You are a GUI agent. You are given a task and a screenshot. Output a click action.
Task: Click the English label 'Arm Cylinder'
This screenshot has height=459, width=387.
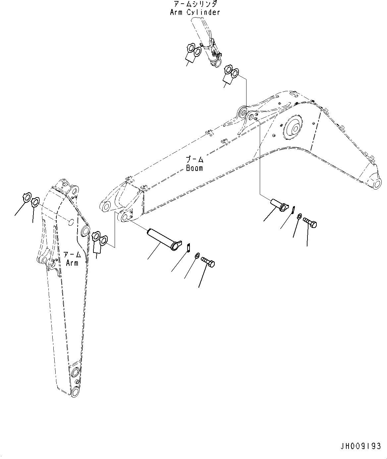coord(195,12)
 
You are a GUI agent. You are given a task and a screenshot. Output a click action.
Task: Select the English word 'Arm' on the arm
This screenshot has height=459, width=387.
coord(72,263)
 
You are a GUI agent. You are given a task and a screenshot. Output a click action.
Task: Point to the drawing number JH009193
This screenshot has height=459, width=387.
coord(360,446)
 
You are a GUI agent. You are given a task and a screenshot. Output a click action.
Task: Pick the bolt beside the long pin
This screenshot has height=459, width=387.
coord(208,262)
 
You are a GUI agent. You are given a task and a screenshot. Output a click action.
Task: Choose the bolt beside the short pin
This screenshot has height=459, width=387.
coord(310,222)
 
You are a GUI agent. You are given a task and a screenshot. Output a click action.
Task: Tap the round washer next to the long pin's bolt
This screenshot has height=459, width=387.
coord(196,255)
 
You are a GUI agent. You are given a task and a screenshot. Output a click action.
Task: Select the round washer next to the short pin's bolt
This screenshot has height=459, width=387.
coord(299,216)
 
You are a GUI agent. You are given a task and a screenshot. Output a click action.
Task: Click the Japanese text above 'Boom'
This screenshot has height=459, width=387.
coord(194,160)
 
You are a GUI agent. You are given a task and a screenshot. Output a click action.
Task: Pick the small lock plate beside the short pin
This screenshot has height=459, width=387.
coord(294,210)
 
